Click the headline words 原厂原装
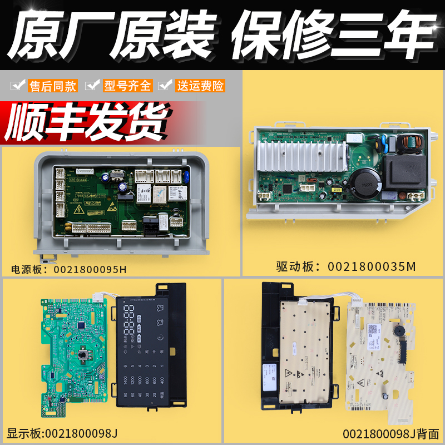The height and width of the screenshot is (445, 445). (x=111, y=34)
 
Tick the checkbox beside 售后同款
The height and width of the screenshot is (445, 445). (x=18, y=86)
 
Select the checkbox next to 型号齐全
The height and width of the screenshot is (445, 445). (x=91, y=86)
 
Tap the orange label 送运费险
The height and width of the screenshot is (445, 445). (x=200, y=86)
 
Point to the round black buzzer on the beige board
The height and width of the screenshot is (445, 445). (x=398, y=330)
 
